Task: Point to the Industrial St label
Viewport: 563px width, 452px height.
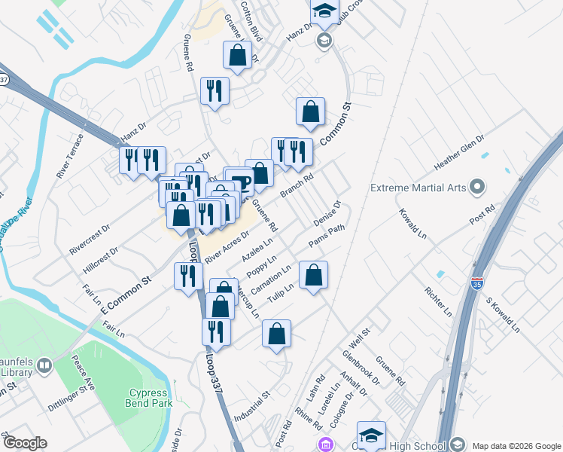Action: [251, 407]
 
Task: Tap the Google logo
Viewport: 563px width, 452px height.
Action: [24, 444]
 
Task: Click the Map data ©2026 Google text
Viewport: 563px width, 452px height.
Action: [516, 444]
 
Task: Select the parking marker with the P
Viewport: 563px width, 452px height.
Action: [242, 183]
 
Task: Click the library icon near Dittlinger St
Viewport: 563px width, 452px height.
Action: [45, 366]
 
